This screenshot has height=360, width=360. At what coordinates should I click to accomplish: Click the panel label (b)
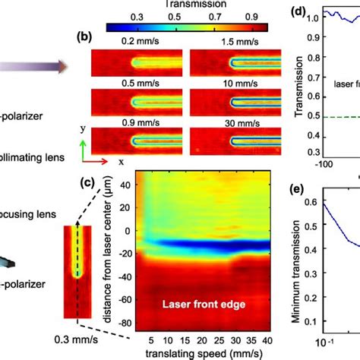86,36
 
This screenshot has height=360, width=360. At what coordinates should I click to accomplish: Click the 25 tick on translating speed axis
219,339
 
